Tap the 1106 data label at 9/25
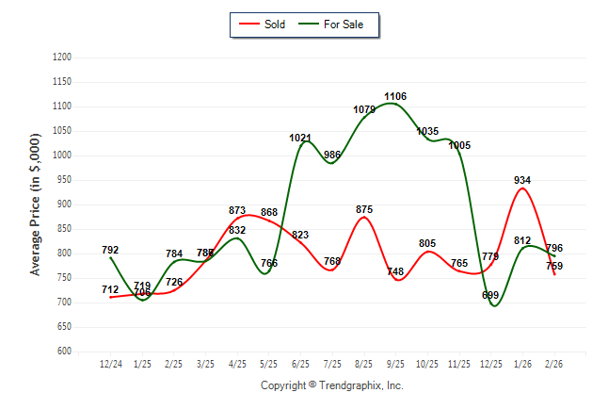[395, 96]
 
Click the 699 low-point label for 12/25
[490, 295]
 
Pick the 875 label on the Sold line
[364, 209]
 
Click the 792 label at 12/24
[110, 250]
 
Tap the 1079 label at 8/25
[363, 109]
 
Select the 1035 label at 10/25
[427, 131]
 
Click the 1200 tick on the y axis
[62, 57]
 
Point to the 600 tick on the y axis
[65, 352]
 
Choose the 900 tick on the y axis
[65, 204]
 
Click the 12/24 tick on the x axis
[110, 363]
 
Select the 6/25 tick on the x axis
[300, 363]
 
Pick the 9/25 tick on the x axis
[395, 363]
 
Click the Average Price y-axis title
[36, 204]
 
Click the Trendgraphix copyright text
[331, 385]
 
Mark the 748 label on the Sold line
[395, 272]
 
